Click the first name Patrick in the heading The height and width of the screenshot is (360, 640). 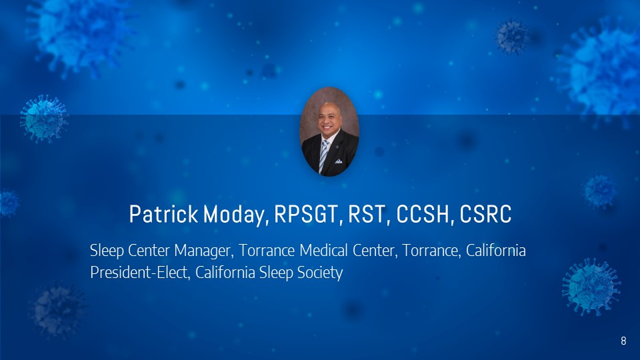[x=164, y=214]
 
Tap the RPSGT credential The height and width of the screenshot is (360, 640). [x=307, y=214]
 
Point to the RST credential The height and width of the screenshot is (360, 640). [x=367, y=214]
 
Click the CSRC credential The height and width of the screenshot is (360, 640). [x=485, y=214]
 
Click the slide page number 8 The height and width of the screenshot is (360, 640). [x=623, y=341]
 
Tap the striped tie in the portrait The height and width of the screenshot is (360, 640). [x=323, y=156]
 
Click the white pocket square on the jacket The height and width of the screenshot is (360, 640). [x=339, y=161]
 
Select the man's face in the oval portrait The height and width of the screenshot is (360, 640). [x=329, y=119]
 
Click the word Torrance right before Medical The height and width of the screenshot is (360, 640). [x=267, y=251]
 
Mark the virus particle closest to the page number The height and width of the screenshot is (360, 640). [x=591, y=287]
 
